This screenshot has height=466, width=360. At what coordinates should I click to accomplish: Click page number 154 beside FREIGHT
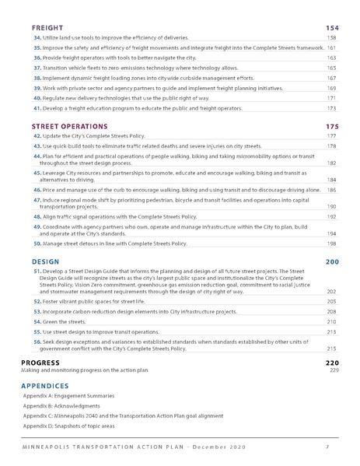click(x=332, y=28)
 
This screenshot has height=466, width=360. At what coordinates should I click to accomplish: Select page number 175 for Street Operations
click(x=332, y=126)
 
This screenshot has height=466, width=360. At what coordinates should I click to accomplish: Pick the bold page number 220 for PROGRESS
click(x=332, y=363)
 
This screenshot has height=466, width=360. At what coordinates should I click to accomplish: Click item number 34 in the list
click(x=37, y=38)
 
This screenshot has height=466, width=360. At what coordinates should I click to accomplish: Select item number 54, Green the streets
click(x=37, y=321)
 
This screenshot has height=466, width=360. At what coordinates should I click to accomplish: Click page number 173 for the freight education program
click(x=331, y=109)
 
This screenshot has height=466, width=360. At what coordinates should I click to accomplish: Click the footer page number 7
click(x=327, y=447)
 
